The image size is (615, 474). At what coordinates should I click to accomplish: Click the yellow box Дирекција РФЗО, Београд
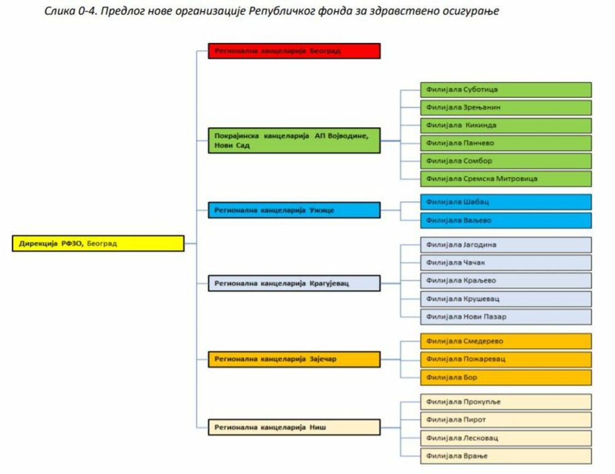pyautogui.click(x=98, y=243)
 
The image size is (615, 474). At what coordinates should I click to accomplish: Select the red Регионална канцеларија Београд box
pyautogui.click(x=294, y=50)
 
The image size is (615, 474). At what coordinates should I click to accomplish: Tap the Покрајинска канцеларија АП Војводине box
pyautogui.click(x=294, y=140)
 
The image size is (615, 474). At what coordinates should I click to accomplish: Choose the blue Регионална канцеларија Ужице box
pyautogui.click(x=294, y=210)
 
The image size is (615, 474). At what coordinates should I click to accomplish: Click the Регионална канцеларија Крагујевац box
pyautogui.click(x=294, y=283)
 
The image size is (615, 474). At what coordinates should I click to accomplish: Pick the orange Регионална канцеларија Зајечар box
pyautogui.click(x=294, y=359)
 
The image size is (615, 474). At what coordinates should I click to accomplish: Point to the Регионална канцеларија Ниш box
pyautogui.click(x=294, y=427)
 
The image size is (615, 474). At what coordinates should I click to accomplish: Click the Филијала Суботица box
pyautogui.click(x=506, y=90)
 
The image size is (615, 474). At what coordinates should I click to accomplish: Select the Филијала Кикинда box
pyautogui.click(x=506, y=125)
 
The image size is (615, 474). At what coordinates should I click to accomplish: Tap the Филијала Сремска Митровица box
pyautogui.click(x=506, y=179)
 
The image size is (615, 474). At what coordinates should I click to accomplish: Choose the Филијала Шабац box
pyautogui.click(x=506, y=202)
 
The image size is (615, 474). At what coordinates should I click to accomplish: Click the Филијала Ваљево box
pyautogui.click(x=506, y=220)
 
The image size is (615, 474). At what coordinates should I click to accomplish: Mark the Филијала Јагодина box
pyautogui.click(x=506, y=245)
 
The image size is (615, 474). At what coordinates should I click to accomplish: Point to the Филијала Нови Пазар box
pyautogui.click(x=506, y=317)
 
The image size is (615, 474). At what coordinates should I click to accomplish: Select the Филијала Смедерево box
pyautogui.click(x=506, y=341)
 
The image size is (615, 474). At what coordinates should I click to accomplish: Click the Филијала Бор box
pyautogui.click(x=506, y=377)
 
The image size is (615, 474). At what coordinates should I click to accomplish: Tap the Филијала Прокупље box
pyautogui.click(x=506, y=401)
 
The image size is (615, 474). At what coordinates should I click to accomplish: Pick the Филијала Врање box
pyautogui.click(x=506, y=456)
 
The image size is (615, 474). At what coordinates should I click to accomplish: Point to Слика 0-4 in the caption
pyautogui.click(x=68, y=12)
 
